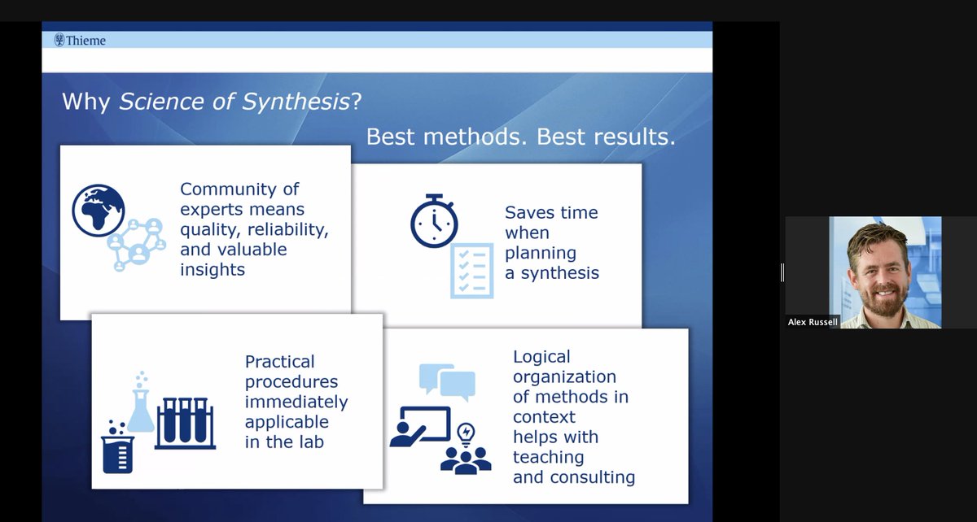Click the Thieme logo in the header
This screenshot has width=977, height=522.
tap(80, 40)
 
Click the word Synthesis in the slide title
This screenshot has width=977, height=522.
tap(301, 102)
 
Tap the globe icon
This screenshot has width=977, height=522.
tap(99, 209)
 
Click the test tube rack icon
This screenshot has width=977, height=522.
tap(185, 423)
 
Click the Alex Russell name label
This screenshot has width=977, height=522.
tap(813, 322)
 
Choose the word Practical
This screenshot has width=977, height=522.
tap(279, 361)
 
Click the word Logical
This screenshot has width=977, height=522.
tap(541, 356)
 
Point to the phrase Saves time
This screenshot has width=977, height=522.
tap(551, 212)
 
